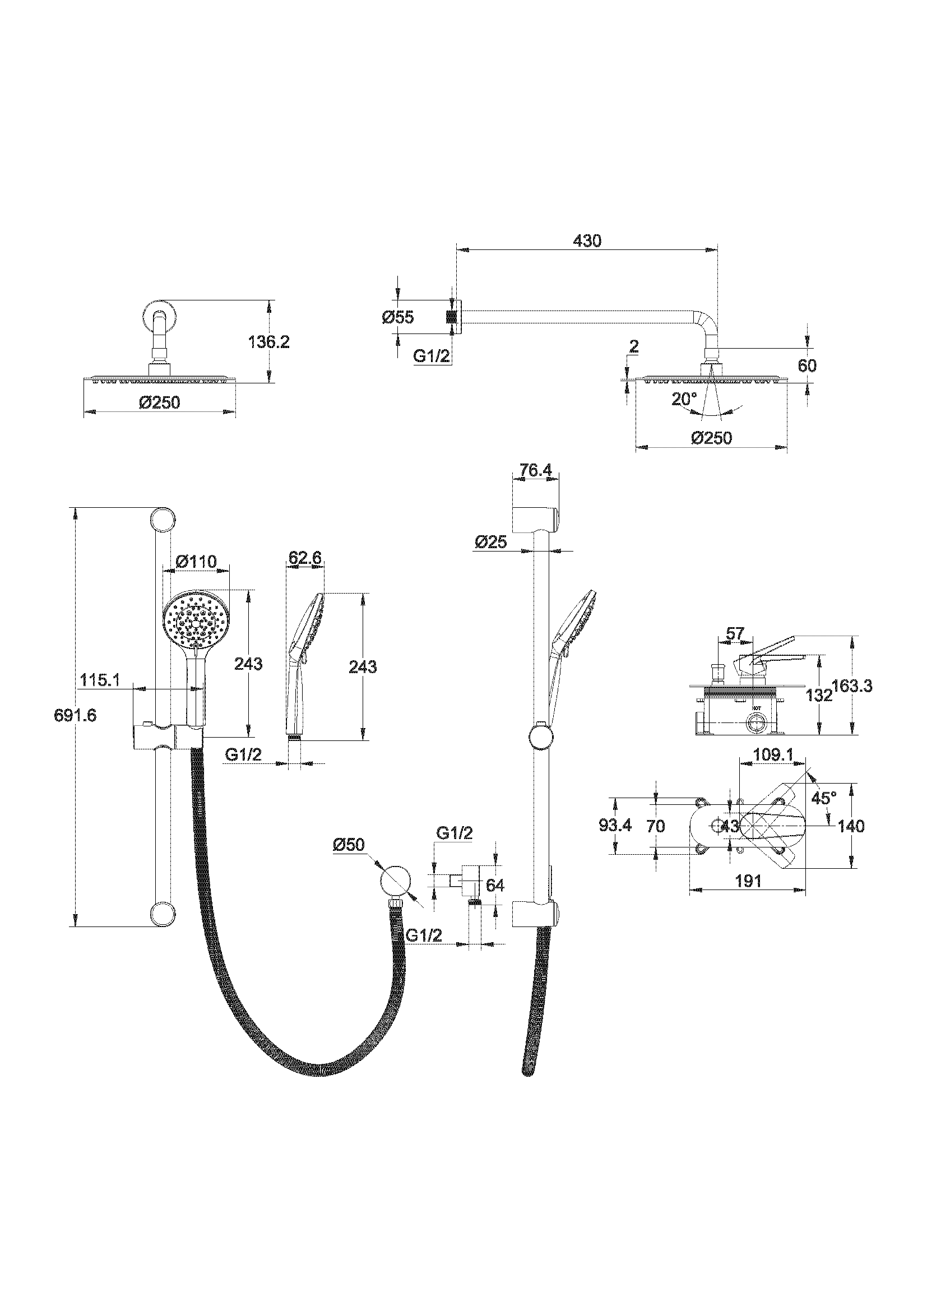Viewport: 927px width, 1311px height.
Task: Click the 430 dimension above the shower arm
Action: (587, 241)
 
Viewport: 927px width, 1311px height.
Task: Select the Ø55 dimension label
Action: (398, 317)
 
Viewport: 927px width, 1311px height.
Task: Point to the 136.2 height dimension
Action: (269, 342)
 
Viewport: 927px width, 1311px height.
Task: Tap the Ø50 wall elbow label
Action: (348, 845)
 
